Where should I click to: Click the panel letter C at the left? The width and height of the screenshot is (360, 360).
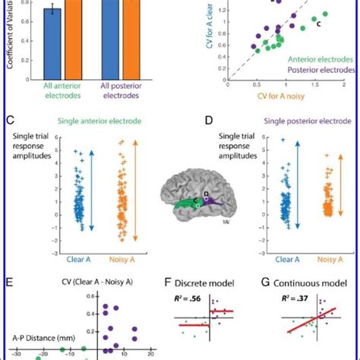[10, 120]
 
